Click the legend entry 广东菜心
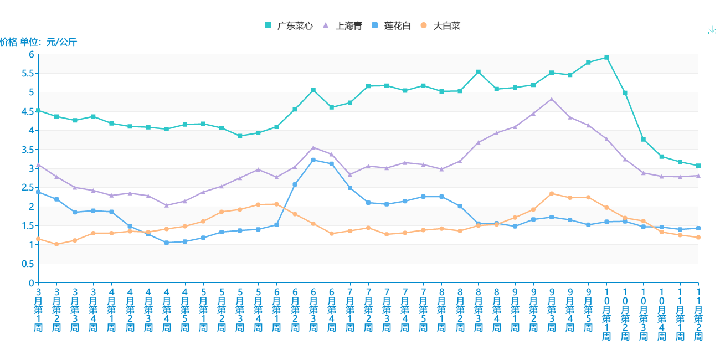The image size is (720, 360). point(287,25)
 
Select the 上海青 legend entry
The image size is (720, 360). point(342,25)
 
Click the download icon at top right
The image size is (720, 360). point(712,30)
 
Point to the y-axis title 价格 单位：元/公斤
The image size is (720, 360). point(39,42)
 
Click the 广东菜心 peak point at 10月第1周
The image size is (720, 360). point(607,58)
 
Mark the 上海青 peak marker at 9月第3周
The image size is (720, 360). point(552,99)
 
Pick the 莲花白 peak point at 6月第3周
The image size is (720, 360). point(313,160)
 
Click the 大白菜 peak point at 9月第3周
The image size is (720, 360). point(552,193)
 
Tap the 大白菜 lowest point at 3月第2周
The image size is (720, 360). point(56,244)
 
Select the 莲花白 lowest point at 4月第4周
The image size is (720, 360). point(167,243)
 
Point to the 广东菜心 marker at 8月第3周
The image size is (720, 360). point(479,72)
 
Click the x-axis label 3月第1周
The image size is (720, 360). point(38,310)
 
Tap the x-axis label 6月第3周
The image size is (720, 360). point(313,310)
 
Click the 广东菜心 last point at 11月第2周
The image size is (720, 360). point(698,166)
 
